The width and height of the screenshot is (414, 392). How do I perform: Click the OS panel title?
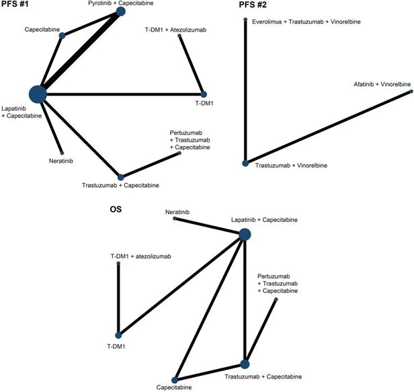[126, 210]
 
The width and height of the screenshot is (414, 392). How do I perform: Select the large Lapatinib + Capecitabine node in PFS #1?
[38, 94]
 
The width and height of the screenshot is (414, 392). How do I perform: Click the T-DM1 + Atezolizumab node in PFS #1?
[180, 36]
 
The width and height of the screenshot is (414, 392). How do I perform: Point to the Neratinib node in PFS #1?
[62, 153]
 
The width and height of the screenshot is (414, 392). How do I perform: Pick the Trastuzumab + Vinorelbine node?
[245, 163]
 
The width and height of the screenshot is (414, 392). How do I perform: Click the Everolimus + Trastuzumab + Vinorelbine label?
[306, 22]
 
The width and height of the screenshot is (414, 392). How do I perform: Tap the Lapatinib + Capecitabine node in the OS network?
[245, 234]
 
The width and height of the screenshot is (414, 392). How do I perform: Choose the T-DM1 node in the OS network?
[118, 334]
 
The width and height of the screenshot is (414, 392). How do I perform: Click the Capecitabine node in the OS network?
[175, 380]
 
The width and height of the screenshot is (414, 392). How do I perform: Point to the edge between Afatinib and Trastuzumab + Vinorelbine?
[327, 128]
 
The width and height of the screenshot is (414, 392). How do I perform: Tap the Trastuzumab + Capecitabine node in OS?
[245, 364]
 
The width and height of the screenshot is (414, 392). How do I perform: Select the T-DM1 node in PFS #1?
[204, 93]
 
